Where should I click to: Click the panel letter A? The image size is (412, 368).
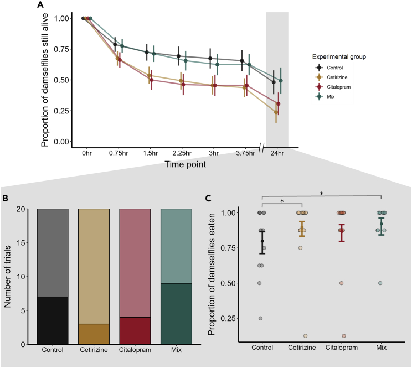tap(39, 6)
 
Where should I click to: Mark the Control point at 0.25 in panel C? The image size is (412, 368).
tap(260, 318)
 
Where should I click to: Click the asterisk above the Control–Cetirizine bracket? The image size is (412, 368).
tap(282, 201)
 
